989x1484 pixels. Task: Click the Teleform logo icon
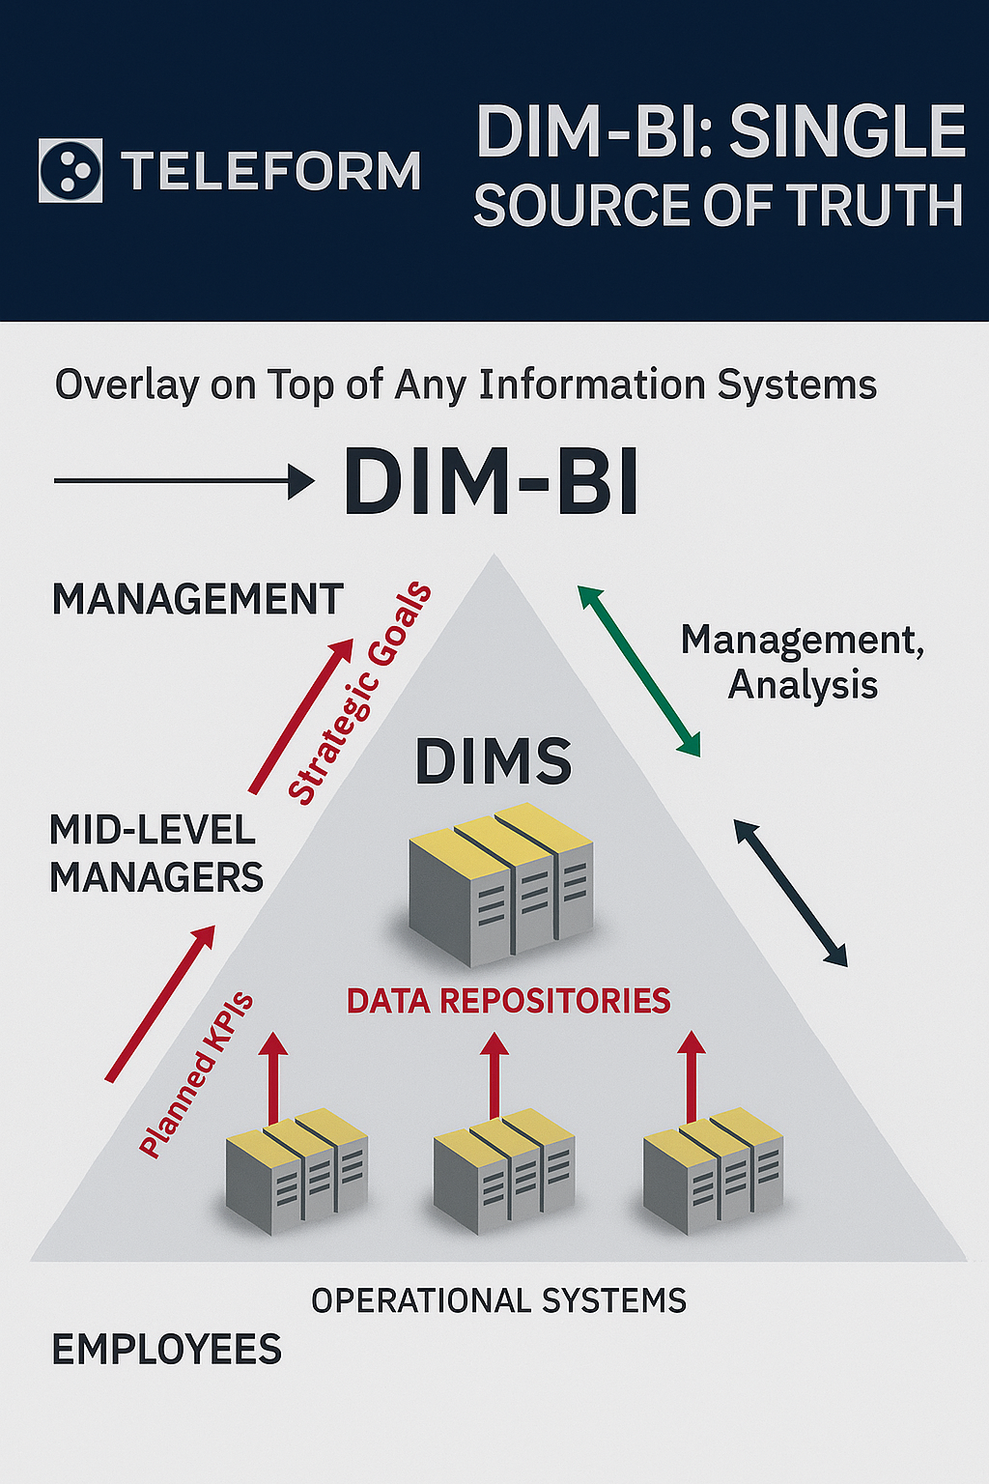coord(71,170)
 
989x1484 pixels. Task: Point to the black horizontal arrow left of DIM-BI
coord(184,482)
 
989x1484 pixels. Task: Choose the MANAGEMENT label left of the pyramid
coord(197,599)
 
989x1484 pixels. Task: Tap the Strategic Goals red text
coord(360,693)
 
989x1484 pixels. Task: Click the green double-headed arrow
coord(639,671)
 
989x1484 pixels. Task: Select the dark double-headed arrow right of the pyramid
coord(791,894)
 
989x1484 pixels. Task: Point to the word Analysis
coord(803,686)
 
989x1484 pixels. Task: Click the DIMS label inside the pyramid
coord(494,762)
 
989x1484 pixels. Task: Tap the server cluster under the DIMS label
coord(501,884)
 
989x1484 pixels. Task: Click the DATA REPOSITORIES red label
coord(509,1001)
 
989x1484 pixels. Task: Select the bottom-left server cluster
coord(297,1171)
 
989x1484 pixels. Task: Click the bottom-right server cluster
coord(714,1172)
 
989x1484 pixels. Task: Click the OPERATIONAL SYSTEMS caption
coord(498,1300)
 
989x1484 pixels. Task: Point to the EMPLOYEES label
coord(167,1349)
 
